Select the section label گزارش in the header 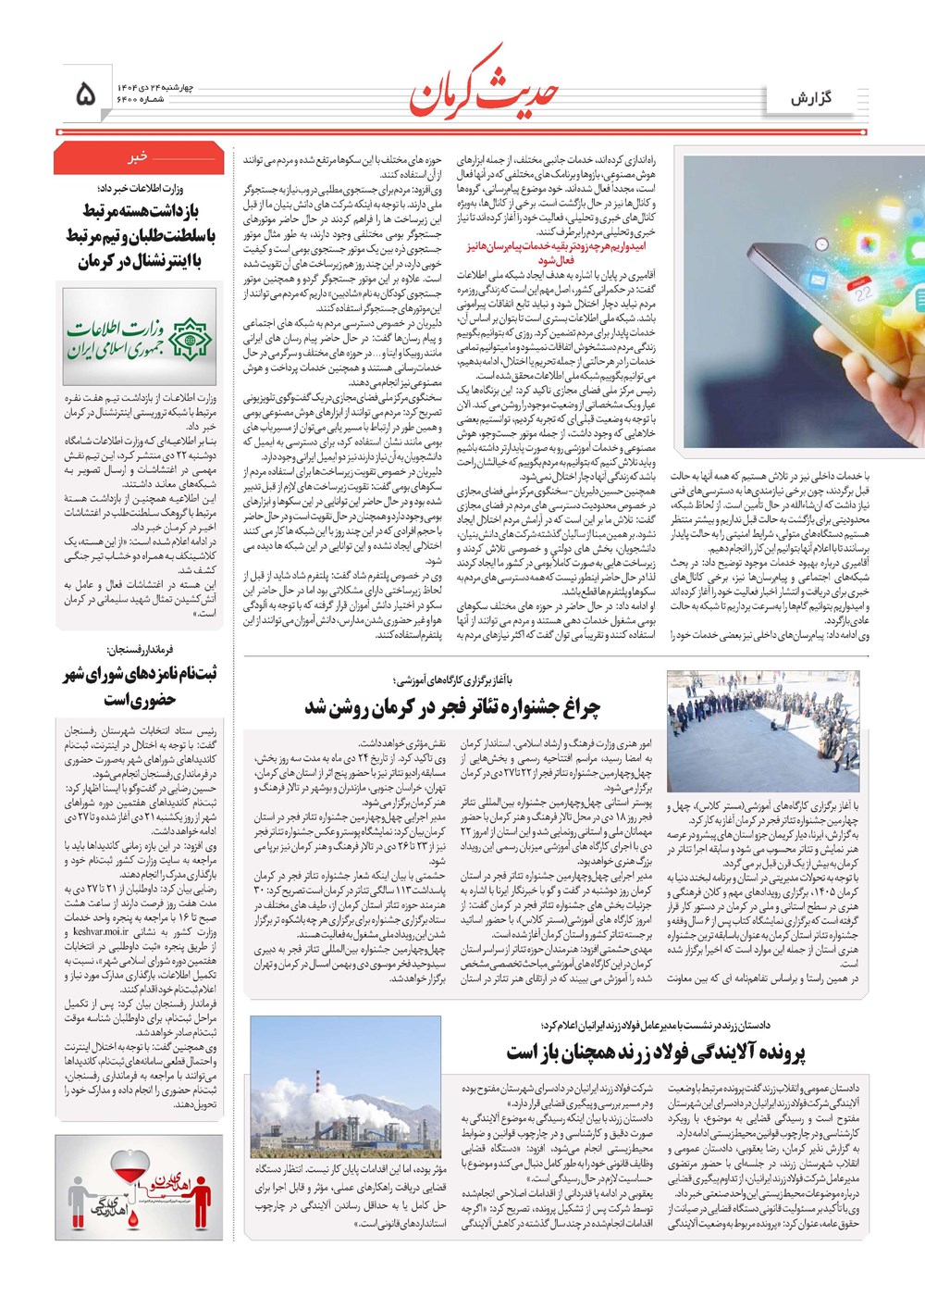point(811,98)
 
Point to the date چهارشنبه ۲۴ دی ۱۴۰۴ point(154,86)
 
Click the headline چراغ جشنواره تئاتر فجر point(452,707)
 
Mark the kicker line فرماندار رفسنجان point(140,650)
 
